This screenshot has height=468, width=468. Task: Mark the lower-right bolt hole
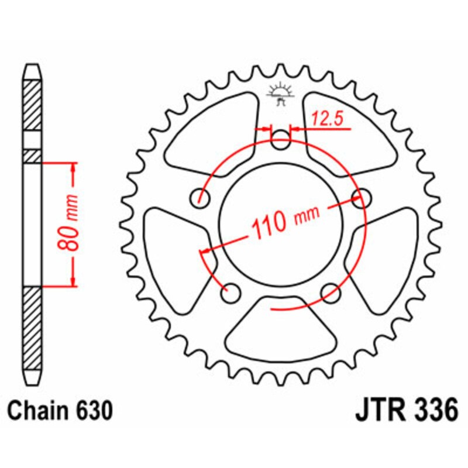tap(331, 291)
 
